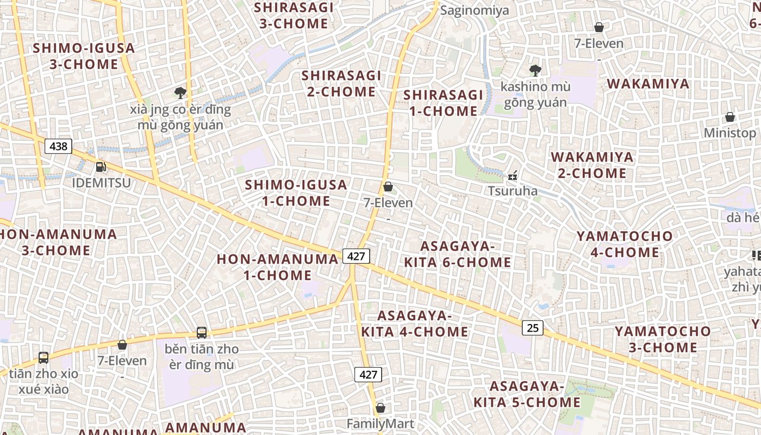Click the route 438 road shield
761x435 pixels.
pos(58,146)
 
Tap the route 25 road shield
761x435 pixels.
pos(533,327)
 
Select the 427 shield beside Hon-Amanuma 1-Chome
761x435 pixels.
pos(356,256)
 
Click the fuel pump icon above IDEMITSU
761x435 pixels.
pos(101,167)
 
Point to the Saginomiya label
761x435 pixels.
pos(475,10)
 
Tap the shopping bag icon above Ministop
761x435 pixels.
pos(729,117)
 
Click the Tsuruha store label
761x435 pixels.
pos(513,191)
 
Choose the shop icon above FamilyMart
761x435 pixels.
pos(380,408)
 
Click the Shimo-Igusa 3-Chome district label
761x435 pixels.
pos(84,56)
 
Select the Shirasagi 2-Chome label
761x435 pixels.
pos(341,83)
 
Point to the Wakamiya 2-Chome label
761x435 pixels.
pos(592,165)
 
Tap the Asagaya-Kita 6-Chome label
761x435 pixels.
pos(457,254)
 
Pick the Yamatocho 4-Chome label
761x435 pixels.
pos(625,244)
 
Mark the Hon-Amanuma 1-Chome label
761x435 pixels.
pos(277,267)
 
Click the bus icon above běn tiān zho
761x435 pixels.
pos(201,332)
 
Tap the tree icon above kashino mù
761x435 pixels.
pos(535,70)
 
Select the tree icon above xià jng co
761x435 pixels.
pos(180,93)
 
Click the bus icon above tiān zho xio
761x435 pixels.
pos(43,358)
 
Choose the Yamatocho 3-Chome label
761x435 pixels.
pos(663,339)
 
